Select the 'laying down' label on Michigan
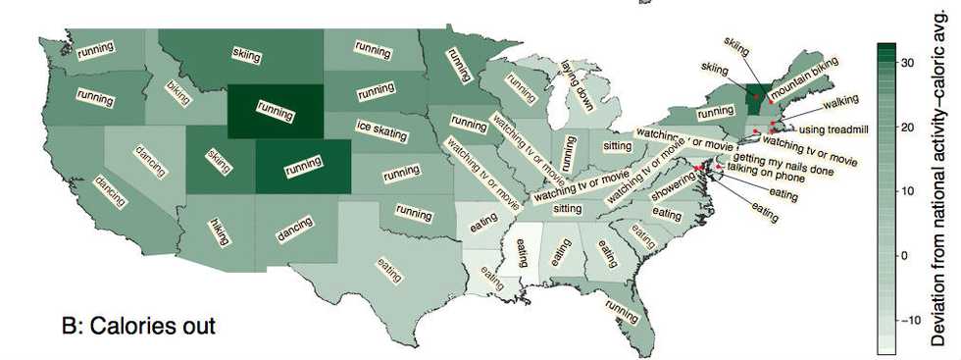point(578,85)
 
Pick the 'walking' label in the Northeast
point(840,102)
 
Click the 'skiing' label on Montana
point(247,55)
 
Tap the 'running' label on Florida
point(622,311)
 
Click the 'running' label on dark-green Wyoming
point(275,111)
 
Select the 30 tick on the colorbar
point(908,63)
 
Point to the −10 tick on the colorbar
point(908,320)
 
